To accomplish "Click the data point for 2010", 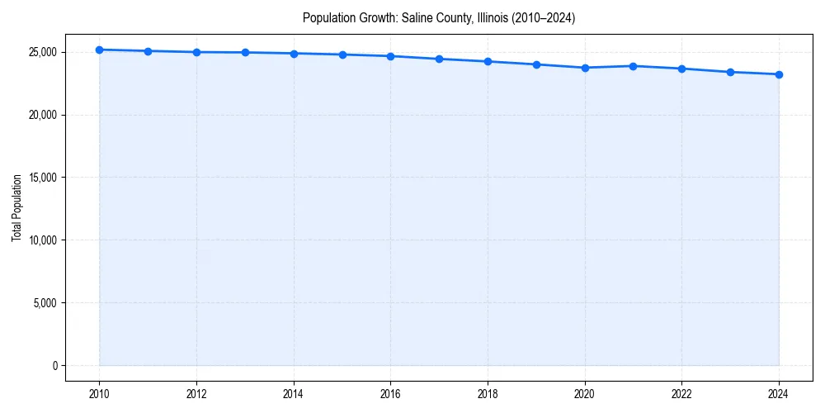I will (x=99, y=50).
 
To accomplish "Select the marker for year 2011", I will (x=148, y=51).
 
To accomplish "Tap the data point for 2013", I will (x=245, y=52).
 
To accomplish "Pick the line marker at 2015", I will (x=342, y=55).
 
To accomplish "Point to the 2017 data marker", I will (x=439, y=59).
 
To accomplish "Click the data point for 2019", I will (x=536, y=64).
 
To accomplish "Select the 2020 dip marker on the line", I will (x=585, y=68).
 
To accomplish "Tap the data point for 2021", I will (x=633, y=66).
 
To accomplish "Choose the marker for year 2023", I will (x=730, y=72).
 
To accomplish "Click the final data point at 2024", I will (x=779, y=74).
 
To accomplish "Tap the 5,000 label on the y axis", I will (x=45, y=303).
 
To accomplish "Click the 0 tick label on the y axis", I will (x=54, y=366).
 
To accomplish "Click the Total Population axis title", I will (x=16, y=208).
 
